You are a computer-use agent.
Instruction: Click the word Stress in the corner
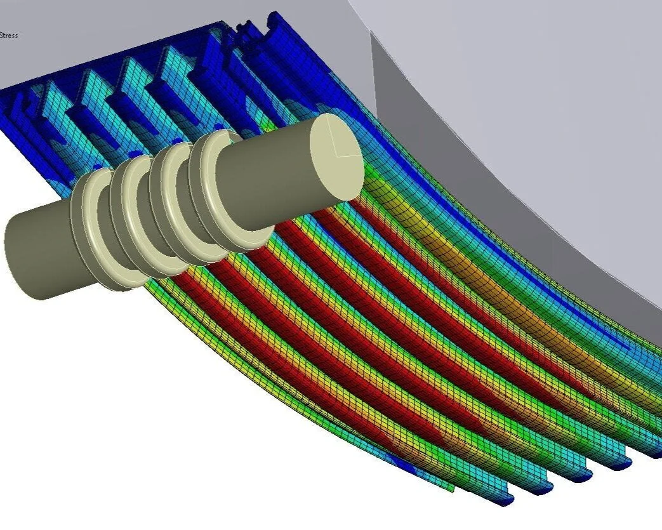click(x=9, y=36)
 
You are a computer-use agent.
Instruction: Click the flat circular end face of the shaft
click(x=337, y=157)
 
